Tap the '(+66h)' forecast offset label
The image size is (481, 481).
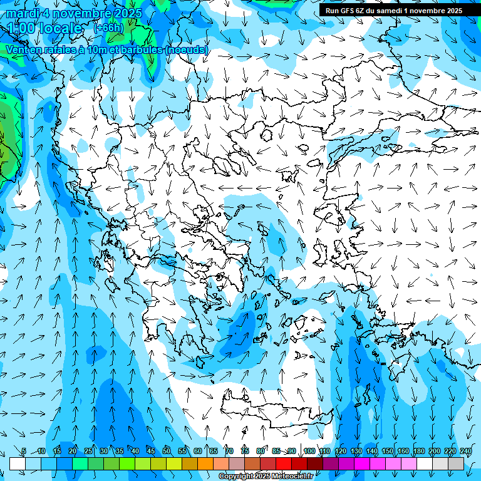108,27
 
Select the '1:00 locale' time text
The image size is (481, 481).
44,28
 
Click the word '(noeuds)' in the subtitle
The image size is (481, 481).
187,49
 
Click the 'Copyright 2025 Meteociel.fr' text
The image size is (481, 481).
266,477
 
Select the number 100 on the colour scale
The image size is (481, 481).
309,451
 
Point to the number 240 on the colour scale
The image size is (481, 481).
465,451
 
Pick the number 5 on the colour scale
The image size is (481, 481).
24,451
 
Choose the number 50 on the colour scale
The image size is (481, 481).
167,451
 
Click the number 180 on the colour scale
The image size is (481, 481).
418,451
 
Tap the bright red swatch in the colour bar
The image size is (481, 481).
284,463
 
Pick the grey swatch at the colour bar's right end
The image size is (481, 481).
456,463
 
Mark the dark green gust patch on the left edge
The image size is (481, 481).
6,125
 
